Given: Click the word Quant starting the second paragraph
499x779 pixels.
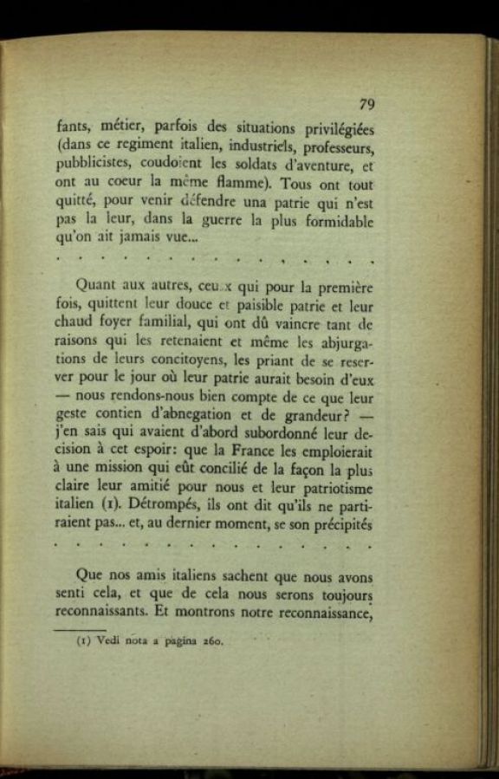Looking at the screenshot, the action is pyautogui.click(x=98, y=284).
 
